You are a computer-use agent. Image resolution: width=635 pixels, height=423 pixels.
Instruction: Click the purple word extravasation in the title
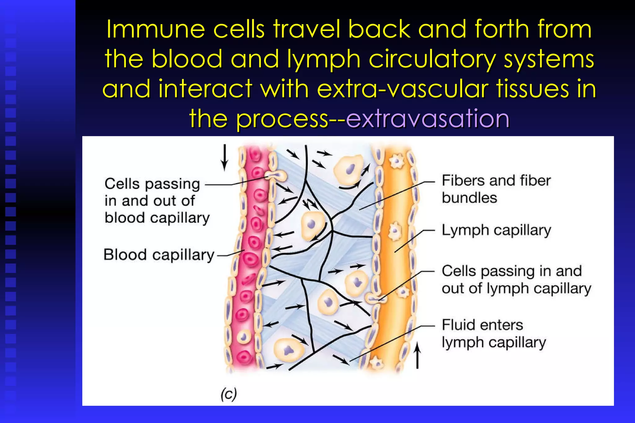[x=428, y=119]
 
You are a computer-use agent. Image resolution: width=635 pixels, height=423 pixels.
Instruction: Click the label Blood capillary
[x=159, y=255]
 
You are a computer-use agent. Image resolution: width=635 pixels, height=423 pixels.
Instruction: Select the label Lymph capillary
[x=496, y=230]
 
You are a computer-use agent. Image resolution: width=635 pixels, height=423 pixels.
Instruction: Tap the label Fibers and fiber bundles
[x=496, y=189]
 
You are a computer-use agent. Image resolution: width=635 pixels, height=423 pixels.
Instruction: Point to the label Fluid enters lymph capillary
[x=494, y=334]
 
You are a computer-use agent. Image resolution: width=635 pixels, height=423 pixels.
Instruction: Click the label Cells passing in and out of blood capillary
[x=157, y=201]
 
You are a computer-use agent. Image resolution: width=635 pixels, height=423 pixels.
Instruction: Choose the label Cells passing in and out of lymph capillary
[x=516, y=280]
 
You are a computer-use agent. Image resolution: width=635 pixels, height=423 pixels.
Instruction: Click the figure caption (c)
[x=229, y=394]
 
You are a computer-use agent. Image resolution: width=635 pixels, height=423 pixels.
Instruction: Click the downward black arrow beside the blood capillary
[x=224, y=158]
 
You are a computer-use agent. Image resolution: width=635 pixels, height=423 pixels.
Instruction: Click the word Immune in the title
[x=155, y=29]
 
